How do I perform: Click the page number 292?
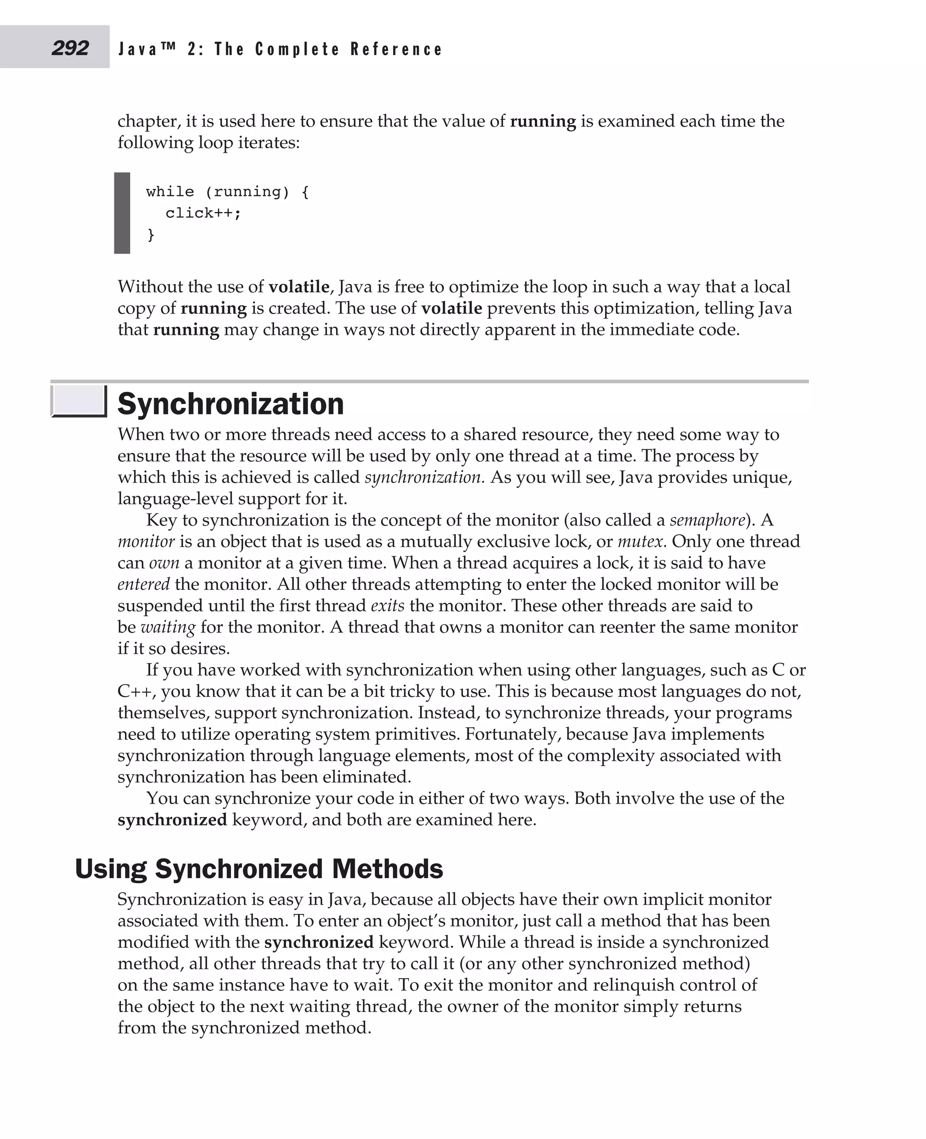tap(70, 48)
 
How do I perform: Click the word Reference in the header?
tap(397, 49)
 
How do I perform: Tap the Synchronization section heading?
tap(231, 404)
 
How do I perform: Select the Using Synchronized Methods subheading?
tap(259, 869)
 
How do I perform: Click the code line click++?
tap(203, 213)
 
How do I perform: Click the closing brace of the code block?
tap(151, 235)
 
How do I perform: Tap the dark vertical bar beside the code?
tap(122, 213)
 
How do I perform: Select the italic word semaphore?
tap(707, 520)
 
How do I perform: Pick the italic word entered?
tap(143, 584)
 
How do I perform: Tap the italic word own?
tap(164, 563)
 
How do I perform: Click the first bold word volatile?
tap(299, 287)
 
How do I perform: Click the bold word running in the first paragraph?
tap(543, 122)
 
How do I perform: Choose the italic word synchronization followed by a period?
tap(424, 477)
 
